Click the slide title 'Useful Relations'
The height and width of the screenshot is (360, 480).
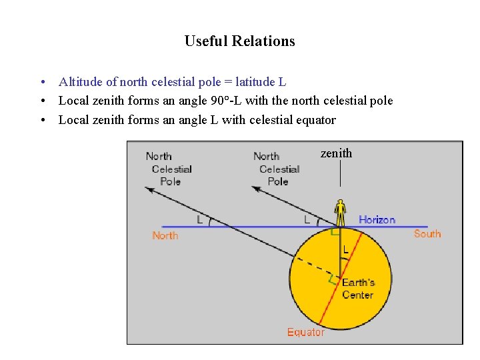pyautogui.click(x=239, y=41)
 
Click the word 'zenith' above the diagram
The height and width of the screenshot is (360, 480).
pyautogui.click(x=336, y=153)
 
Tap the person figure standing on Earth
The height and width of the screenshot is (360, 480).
pyautogui.click(x=341, y=213)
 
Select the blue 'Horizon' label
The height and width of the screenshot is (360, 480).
pyautogui.click(x=377, y=220)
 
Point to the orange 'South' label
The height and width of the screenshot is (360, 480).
pyautogui.click(x=427, y=234)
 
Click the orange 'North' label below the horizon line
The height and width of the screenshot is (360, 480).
pyautogui.click(x=165, y=235)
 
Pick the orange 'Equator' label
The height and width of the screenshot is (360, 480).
pyautogui.click(x=306, y=332)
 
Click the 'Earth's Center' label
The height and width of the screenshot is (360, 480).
pyautogui.click(x=358, y=289)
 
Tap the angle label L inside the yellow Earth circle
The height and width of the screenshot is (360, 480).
pyautogui.click(x=346, y=250)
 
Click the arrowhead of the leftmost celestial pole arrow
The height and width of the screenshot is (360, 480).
pyautogui.click(x=149, y=189)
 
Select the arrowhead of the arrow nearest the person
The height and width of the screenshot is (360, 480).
pyautogui.click(x=256, y=189)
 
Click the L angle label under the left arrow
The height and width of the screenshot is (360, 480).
pyautogui.click(x=199, y=219)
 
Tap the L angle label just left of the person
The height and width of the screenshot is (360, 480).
pyautogui.click(x=307, y=219)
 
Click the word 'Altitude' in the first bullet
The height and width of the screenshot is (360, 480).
pyautogui.click(x=79, y=82)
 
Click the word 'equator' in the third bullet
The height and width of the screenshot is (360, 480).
pyautogui.click(x=316, y=120)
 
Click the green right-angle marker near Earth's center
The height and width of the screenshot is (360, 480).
pyautogui.click(x=333, y=281)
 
